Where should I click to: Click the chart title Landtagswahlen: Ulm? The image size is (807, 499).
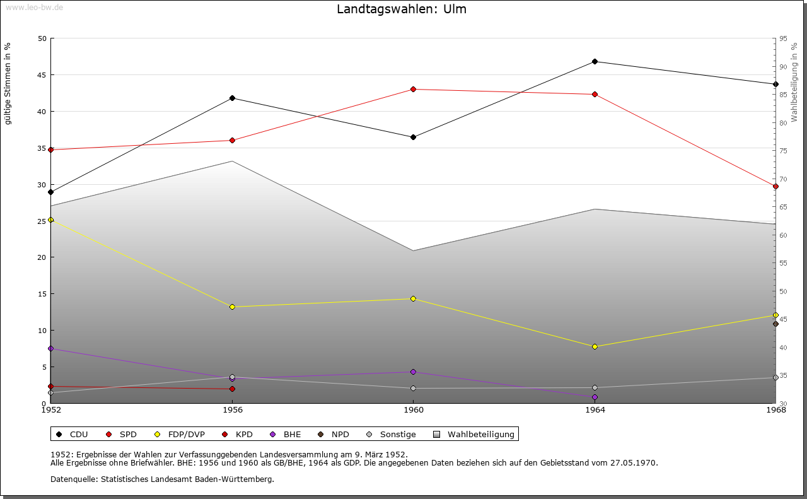click(402, 9)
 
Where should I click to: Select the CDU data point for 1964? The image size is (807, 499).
click(595, 61)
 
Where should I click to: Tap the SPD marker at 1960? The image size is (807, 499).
click(413, 89)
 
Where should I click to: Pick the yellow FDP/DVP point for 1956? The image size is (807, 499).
click(232, 307)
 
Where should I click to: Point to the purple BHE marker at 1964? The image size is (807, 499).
click(595, 397)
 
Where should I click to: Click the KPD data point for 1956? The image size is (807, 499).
click(232, 389)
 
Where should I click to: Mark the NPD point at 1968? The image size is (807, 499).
click(775, 324)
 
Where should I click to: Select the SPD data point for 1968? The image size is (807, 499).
click(775, 186)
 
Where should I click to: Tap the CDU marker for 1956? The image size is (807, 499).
click(232, 98)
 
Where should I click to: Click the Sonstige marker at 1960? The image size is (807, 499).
click(413, 388)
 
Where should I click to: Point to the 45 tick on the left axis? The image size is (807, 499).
click(42, 74)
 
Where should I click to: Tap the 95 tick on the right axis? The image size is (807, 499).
click(783, 38)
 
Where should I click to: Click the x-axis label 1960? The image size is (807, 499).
click(413, 410)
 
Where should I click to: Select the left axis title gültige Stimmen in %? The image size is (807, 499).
click(8, 83)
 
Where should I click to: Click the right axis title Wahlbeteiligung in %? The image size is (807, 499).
click(794, 82)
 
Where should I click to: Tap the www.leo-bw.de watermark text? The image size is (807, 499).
click(33, 7)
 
